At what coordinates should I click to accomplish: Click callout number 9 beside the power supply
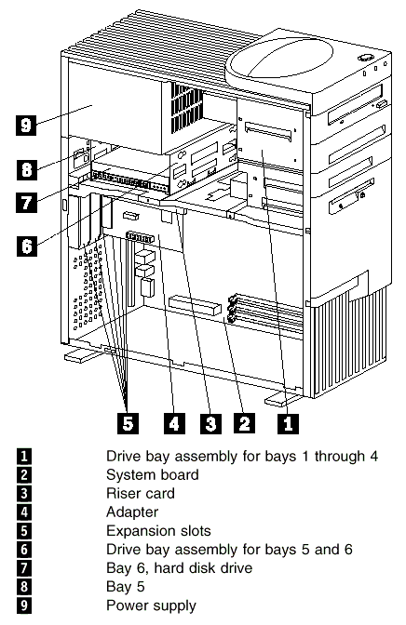pos(26,125)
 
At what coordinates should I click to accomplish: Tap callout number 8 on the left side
pos(26,169)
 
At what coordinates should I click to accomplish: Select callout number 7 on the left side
pos(26,202)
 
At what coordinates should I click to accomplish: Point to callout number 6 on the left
pos(27,246)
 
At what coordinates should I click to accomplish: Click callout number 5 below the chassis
pos(128,423)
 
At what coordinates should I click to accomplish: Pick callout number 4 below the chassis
pos(174,423)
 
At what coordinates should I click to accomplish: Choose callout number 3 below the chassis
pos(210,423)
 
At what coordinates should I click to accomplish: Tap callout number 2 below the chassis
pos(244,423)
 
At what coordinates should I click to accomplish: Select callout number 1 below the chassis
pos(288,423)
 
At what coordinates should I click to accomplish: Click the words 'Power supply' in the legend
pos(151,605)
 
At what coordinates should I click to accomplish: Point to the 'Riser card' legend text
pos(141,494)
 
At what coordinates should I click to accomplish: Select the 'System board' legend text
pos(153,474)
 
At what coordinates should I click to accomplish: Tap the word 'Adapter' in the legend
pos(132,512)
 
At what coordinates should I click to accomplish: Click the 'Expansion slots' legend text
pos(158,531)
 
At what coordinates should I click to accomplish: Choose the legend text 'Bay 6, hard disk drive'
pos(179,568)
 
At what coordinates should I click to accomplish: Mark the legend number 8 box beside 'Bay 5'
pos(24,587)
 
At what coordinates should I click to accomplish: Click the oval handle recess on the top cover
pos(279,59)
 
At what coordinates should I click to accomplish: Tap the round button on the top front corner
pos(365,58)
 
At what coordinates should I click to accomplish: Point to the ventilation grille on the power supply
pos(186,108)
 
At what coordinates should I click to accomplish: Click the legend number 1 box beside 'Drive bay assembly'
pos(24,456)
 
